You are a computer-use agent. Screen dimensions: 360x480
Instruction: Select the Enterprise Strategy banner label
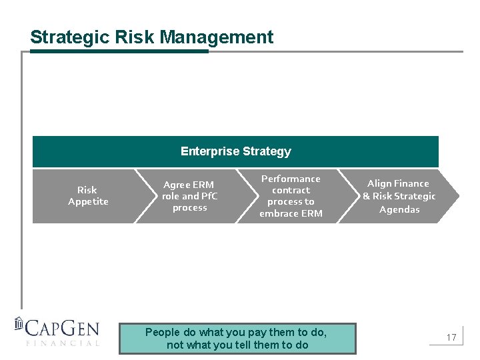click(x=235, y=151)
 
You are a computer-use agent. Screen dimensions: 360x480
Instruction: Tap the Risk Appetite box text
click(x=87, y=196)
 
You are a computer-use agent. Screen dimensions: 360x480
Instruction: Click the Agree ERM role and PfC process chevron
click(x=189, y=196)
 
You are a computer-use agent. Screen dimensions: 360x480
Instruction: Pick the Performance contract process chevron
click(x=291, y=196)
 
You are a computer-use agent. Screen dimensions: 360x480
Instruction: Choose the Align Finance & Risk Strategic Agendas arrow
click(x=399, y=196)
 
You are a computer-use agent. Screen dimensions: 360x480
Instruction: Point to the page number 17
click(x=451, y=338)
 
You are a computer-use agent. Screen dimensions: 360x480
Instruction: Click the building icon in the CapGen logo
click(x=19, y=325)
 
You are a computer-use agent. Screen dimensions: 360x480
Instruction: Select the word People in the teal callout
click(x=163, y=332)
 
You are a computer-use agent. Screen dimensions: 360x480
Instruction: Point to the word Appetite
click(x=88, y=202)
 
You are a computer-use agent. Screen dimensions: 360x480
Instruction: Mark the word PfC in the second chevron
click(x=209, y=196)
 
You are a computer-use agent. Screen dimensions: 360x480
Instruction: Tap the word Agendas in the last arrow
click(x=399, y=209)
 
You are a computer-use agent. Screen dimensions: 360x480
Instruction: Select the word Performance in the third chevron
click(x=291, y=179)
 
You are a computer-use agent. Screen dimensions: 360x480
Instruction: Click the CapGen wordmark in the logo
click(x=63, y=328)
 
